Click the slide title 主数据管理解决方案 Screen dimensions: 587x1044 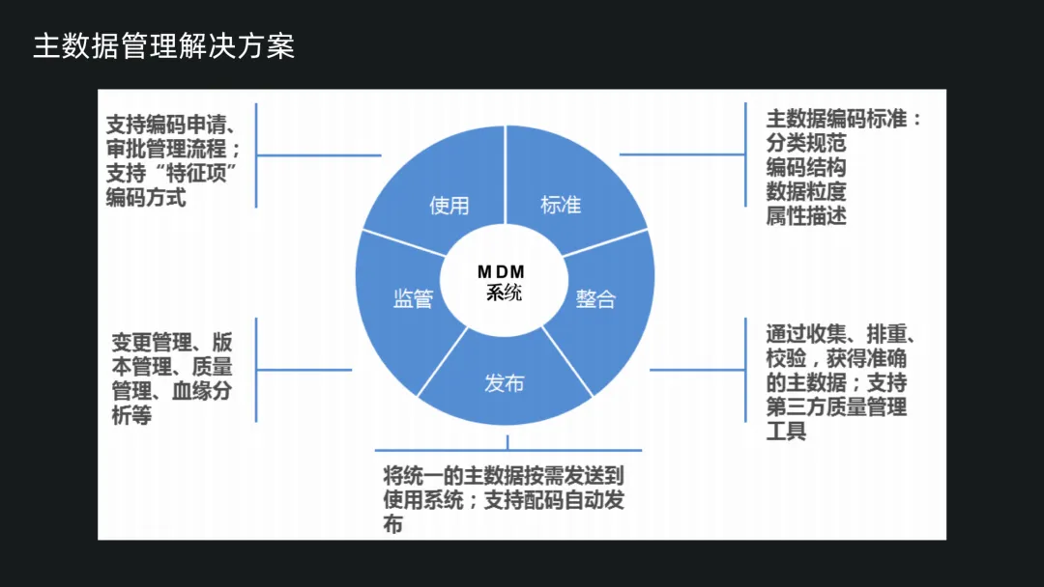[163, 47]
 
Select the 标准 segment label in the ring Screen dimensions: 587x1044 [561, 205]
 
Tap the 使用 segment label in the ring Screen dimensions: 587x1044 [449, 205]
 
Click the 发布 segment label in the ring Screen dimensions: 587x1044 [504, 383]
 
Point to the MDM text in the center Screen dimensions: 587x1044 [501, 272]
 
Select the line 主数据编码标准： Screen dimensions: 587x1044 [844, 119]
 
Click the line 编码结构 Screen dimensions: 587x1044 [806, 167]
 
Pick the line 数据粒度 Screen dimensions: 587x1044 [806, 191]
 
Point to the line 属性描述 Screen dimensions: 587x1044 [806, 215]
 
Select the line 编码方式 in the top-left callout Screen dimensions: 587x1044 [146, 198]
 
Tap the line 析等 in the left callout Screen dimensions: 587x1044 [132, 416]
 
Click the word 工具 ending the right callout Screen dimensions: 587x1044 [786, 431]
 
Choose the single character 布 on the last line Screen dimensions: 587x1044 [392, 525]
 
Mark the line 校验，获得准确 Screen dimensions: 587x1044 [837, 358]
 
